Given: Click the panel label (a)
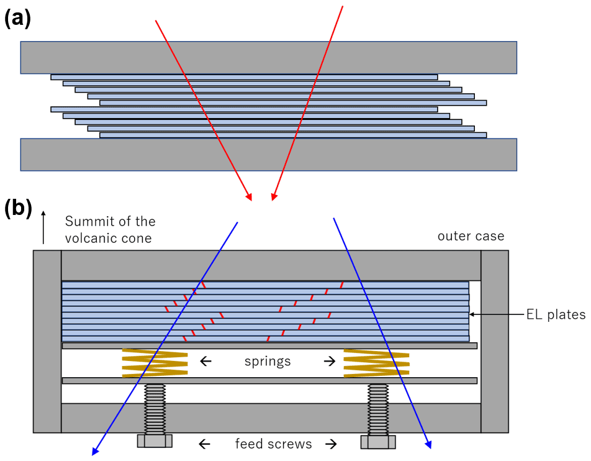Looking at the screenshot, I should [17, 18].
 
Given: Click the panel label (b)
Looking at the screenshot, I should [18, 209].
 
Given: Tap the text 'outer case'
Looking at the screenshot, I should [471, 236].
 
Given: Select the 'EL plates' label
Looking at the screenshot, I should [560, 315].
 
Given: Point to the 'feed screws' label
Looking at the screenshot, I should [273, 444].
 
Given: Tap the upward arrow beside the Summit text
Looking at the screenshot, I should [43, 227].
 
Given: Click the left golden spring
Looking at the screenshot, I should [155, 363].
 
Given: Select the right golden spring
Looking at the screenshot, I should [376, 363].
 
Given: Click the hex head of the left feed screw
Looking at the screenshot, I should [155, 441].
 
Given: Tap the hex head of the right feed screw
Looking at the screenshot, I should [377, 441].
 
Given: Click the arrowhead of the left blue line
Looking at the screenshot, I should [96, 452].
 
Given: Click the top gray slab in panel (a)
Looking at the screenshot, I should [268, 58].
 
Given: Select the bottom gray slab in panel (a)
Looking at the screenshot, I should [268, 154].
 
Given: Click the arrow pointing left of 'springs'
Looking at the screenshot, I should [205, 361].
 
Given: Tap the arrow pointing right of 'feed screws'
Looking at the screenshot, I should [330, 444].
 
